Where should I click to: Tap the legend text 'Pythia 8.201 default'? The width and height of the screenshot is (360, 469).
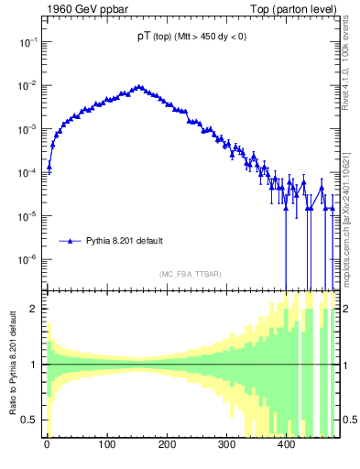click(x=125, y=241)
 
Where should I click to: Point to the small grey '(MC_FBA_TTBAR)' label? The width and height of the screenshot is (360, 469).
click(x=188, y=275)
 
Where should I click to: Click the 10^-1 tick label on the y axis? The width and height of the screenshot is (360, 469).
click(x=27, y=42)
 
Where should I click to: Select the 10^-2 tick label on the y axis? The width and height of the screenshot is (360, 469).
click(x=27, y=86)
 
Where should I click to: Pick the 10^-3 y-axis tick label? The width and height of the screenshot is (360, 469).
click(x=27, y=129)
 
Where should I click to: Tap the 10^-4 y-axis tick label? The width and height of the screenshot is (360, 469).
click(x=27, y=173)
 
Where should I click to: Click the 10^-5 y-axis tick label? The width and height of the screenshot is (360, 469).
click(x=27, y=216)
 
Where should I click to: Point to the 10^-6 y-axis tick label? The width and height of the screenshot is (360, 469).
click(x=27, y=259)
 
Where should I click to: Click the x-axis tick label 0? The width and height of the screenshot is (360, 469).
click(x=47, y=444)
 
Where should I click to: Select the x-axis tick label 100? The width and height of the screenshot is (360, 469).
click(x=106, y=444)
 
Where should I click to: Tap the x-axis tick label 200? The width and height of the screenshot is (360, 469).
click(x=167, y=444)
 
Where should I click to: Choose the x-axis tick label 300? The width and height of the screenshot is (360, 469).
click(x=226, y=444)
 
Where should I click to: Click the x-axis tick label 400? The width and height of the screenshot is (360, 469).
click(x=286, y=444)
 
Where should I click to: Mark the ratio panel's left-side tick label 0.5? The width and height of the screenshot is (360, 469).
click(x=31, y=420)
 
